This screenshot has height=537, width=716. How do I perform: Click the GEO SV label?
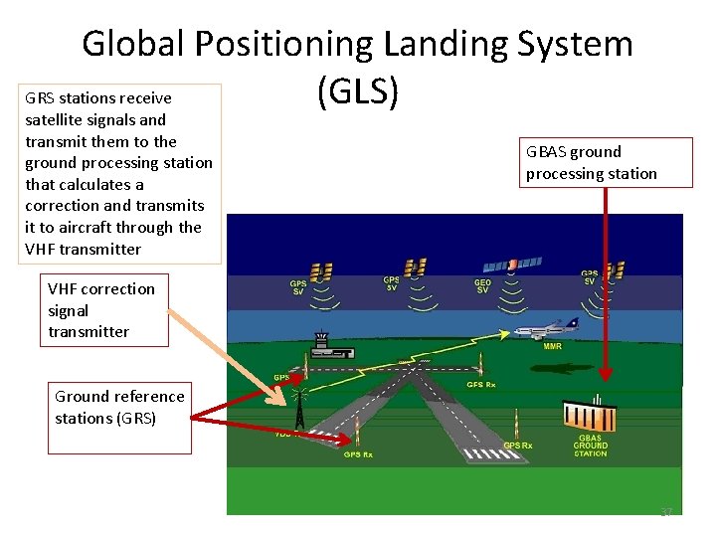[481, 286]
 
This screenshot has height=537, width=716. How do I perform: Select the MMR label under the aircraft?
[552, 347]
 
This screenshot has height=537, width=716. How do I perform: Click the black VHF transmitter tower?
[299, 407]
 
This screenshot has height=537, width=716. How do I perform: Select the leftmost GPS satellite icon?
[321, 270]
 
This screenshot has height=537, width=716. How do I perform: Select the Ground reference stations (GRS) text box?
[120, 407]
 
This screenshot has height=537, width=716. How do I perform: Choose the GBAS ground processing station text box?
[592, 163]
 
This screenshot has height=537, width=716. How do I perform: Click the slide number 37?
[666, 512]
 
